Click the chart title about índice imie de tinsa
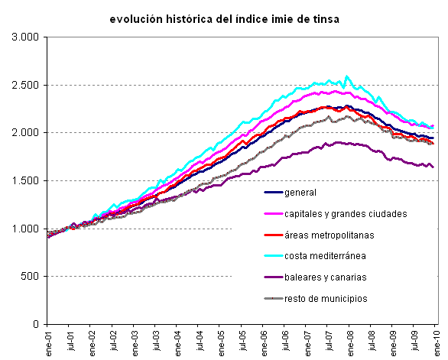tap(224, 18)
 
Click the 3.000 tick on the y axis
tap(26, 37)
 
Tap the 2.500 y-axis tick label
tap(26, 85)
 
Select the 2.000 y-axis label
tap(26, 133)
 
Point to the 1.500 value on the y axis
tap(26, 181)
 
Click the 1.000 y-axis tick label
tap(26, 229)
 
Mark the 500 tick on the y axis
tap(31, 277)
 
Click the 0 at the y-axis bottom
tap(36, 325)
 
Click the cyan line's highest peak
tap(347, 76)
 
